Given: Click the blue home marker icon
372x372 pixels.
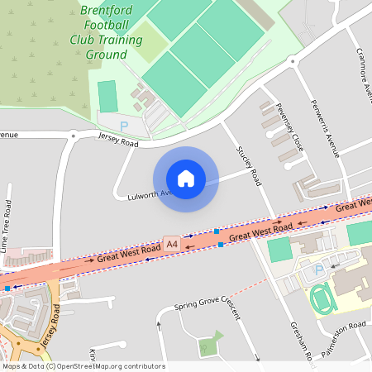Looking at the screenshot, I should pyautogui.click(x=185, y=179).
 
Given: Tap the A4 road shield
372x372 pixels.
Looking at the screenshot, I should pyautogui.click(x=172, y=245).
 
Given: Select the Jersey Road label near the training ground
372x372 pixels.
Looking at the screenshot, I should pyautogui.click(x=118, y=142).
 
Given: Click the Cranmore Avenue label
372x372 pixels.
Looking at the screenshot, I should pyautogui.click(x=361, y=66).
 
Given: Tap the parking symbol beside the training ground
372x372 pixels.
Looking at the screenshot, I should pyautogui.click(x=124, y=126).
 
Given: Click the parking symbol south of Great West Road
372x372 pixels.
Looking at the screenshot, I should pyautogui.click(x=317, y=271).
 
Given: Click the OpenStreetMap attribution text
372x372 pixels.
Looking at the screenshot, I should pyautogui.click(x=83, y=366).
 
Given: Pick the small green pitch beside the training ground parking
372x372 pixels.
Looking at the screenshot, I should pyautogui.click(x=107, y=96).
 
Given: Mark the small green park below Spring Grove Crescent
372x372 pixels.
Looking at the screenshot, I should pyautogui.click(x=212, y=342).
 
